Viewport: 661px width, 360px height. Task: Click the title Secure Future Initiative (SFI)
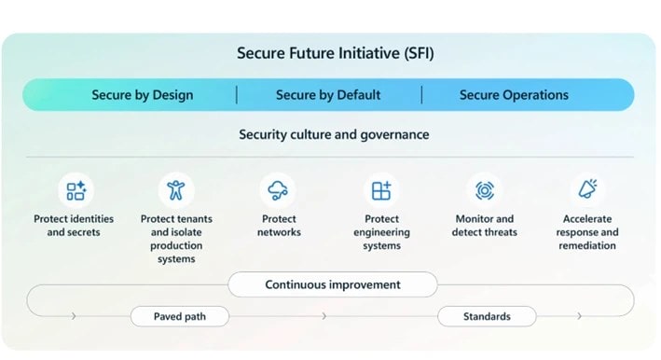coord(335,53)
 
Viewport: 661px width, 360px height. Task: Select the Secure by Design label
coord(143,95)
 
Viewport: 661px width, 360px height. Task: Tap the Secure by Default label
coord(328,95)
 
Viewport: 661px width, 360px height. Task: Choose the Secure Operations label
coord(514,95)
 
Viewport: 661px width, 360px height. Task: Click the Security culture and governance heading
coord(334,134)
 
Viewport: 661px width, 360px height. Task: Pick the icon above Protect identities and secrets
coord(75,191)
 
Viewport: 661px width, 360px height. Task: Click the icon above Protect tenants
coord(175,191)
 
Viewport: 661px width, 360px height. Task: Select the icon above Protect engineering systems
coord(381,191)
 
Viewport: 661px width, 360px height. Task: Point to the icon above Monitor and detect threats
coord(485,191)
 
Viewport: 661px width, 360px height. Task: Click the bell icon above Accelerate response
coord(587,190)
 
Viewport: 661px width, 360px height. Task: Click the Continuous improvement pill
coord(333,284)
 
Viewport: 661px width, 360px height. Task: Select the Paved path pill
coord(179,317)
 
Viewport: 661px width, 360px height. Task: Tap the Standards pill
coord(487,317)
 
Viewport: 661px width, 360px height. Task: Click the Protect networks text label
coord(279,226)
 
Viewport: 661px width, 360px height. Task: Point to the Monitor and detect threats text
coord(485,226)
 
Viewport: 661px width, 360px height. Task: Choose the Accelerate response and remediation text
coord(587,232)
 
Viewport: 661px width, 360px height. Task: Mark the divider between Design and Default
coord(236,95)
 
